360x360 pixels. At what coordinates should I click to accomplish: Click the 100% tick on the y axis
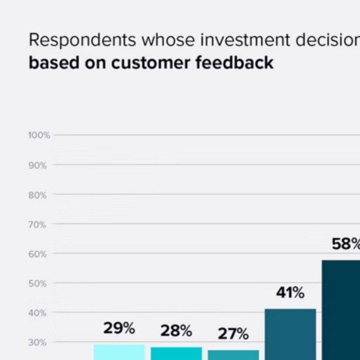[39, 135]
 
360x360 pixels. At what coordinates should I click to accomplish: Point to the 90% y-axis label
[38, 165]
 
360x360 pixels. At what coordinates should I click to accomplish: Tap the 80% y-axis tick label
[38, 195]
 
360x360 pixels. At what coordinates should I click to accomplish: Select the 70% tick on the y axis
[38, 225]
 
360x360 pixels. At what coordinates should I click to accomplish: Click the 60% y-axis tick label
[38, 254]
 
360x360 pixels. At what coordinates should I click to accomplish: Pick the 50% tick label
[38, 284]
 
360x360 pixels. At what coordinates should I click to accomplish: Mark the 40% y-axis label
[38, 313]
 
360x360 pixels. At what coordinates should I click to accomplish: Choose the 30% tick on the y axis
[38, 343]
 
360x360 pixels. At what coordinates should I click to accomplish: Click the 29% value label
[119, 328]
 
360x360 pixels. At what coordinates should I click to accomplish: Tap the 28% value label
[176, 331]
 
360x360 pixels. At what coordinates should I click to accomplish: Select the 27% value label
[233, 334]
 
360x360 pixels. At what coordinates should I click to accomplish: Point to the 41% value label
[290, 293]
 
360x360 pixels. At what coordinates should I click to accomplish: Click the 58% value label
[346, 244]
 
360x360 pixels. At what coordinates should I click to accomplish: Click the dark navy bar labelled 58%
[341, 310]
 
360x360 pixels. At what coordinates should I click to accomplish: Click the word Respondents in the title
[82, 40]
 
